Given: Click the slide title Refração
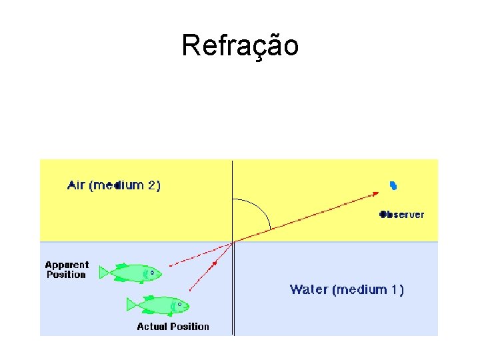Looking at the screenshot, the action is (x=240, y=45).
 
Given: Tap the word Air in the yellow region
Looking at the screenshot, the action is (x=77, y=185).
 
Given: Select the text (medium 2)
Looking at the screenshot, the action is (x=127, y=185).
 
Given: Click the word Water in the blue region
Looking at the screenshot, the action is (x=309, y=289).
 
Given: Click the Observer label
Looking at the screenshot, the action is (x=402, y=215).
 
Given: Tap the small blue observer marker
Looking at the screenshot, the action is (x=393, y=185).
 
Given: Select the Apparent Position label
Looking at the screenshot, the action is (x=67, y=269).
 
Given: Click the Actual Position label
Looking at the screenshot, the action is (x=173, y=326).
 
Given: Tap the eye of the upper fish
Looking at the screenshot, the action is (x=153, y=272).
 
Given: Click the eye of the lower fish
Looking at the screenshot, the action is (x=180, y=305).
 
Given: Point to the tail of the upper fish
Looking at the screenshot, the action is (x=103, y=272).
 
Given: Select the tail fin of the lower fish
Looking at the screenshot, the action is (x=131, y=305).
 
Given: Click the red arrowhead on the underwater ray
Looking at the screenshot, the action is (x=214, y=263).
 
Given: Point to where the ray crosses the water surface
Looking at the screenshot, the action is (x=233, y=242).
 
